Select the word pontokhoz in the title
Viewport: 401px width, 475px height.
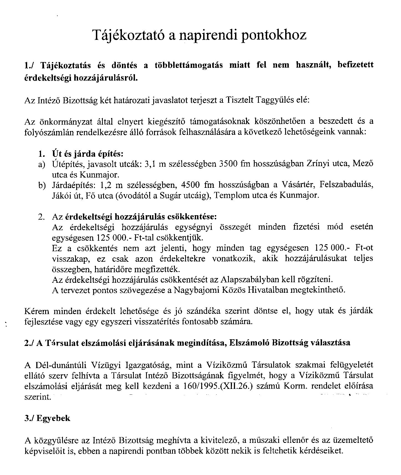(274, 35)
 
